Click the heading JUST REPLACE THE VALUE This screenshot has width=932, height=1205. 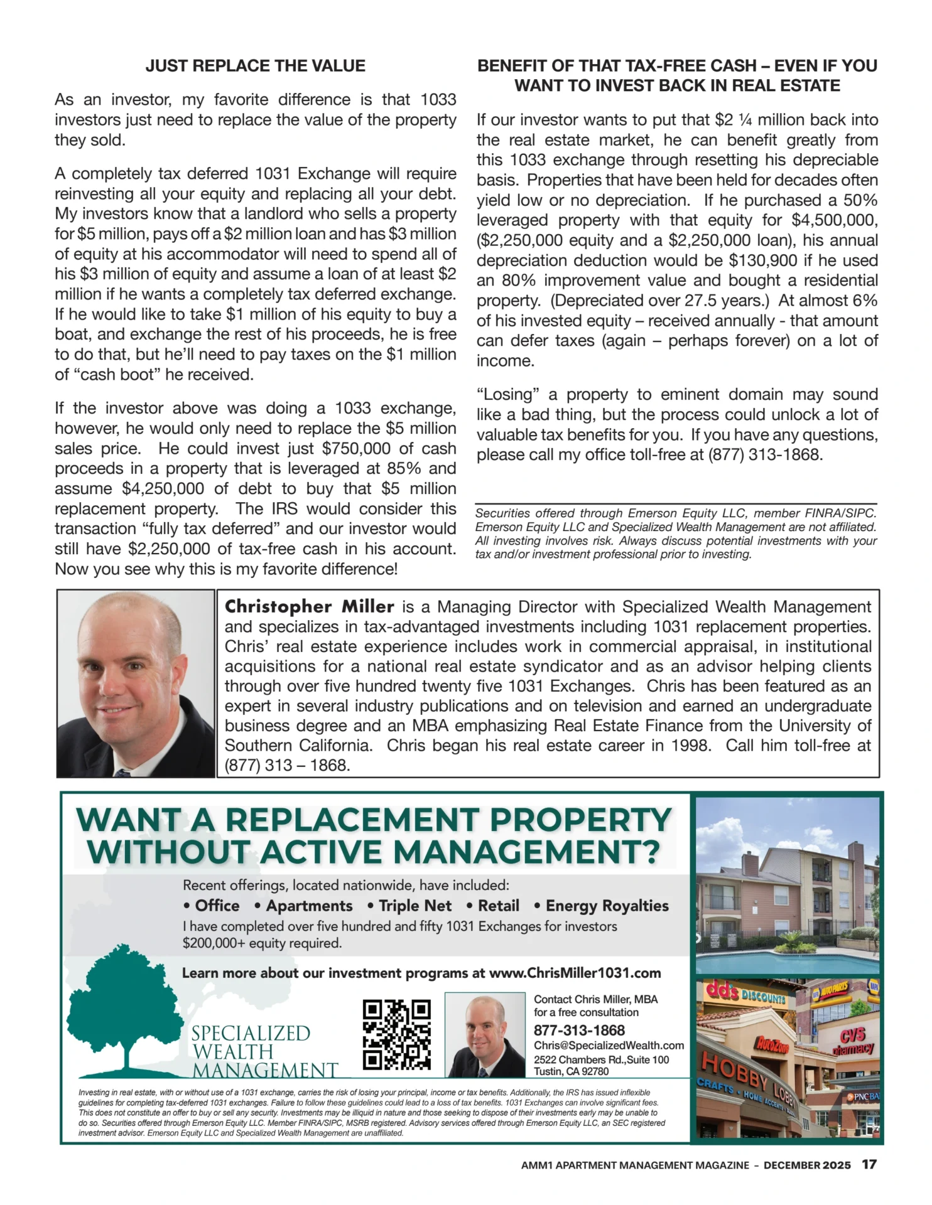coord(255,66)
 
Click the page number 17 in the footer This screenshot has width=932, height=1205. coord(869,1164)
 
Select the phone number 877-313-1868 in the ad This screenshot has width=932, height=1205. coord(579,1030)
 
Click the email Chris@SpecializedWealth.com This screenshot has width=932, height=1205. coord(609,1045)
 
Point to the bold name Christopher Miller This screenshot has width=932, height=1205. coord(309,607)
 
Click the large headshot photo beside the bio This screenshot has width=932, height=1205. coord(136,683)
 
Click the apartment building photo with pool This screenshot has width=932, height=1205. coord(787,885)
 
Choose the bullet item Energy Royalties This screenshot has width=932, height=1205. coord(607,906)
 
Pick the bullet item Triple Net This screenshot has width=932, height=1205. coord(415,906)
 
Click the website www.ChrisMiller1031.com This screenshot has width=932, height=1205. coord(575,973)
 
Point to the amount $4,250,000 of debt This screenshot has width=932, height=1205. coord(163,489)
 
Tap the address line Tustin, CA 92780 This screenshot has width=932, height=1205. coord(571,1071)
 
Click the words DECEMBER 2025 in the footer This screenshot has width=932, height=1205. coord(807,1165)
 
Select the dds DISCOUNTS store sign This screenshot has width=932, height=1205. coord(745,993)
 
